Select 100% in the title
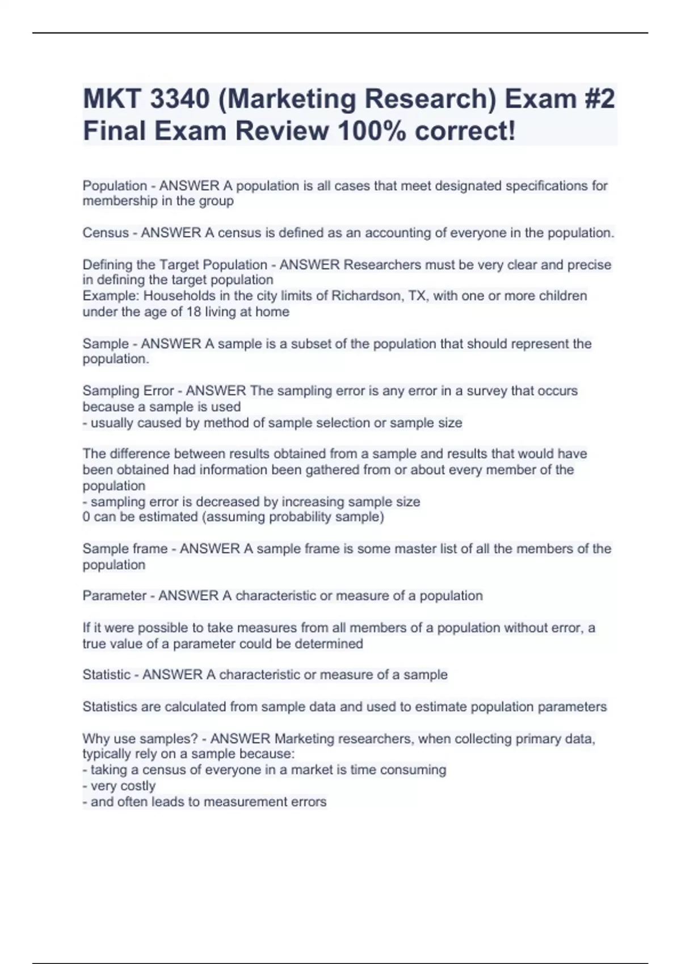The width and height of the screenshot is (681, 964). click(371, 131)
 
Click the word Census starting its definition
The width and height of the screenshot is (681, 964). click(106, 232)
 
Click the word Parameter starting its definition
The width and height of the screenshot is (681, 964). click(115, 595)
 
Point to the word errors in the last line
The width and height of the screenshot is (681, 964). click(307, 801)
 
